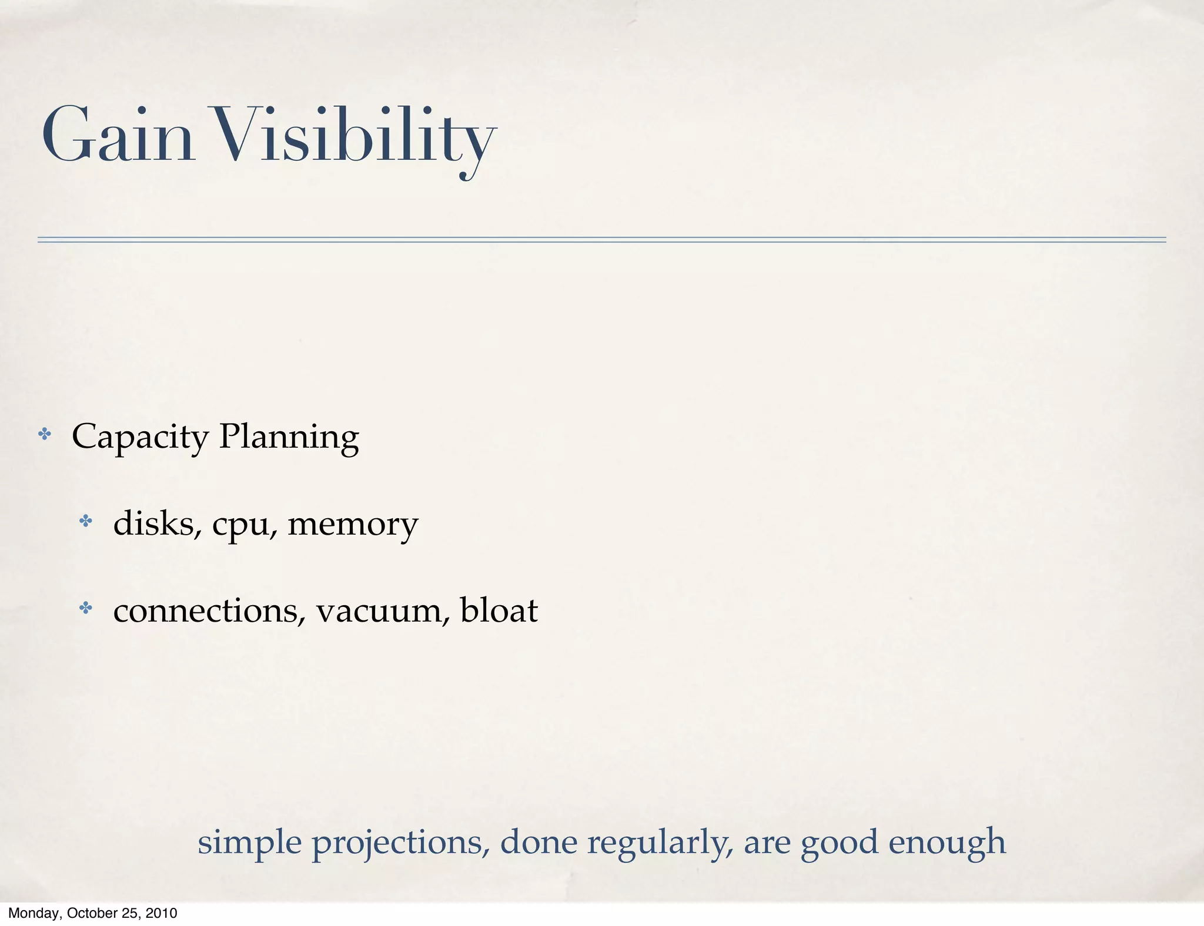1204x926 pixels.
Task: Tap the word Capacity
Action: pos(140,437)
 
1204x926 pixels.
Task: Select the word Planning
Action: pos(289,437)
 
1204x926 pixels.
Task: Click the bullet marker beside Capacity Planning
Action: pos(45,435)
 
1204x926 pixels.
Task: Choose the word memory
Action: pos(353,524)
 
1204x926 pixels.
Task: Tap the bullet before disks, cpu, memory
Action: pos(86,521)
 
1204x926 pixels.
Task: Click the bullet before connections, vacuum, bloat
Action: pos(86,608)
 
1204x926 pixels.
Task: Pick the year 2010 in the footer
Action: pos(161,913)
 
